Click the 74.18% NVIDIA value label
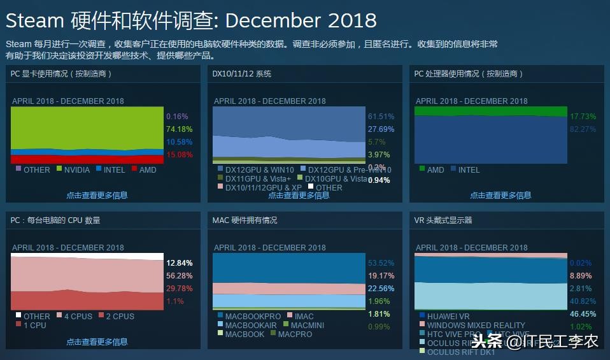(178, 129)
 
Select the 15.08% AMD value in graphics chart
(178, 155)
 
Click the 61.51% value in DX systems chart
(381, 117)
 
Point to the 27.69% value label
(381, 129)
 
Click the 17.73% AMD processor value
(583, 117)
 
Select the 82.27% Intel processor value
(583, 129)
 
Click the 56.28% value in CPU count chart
(179, 276)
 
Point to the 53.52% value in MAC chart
(381, 263)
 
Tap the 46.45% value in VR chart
(583, 314)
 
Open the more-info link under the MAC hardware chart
(299, 342)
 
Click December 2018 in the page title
(301, 20)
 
